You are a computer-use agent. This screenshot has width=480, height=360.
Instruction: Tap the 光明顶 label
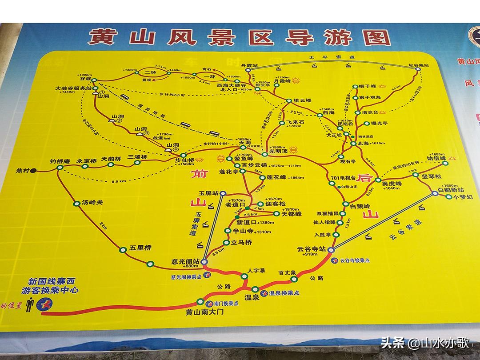coord(279,152)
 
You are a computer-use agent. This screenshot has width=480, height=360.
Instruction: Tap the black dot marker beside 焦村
coord(34,170)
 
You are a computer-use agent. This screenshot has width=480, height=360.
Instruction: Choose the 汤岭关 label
coord(92,202)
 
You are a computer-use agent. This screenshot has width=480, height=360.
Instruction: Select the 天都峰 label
coord(292,214)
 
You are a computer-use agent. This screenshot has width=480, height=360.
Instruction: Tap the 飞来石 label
coord(296,121)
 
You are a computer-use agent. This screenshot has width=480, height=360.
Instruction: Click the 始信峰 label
coord(436,158)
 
